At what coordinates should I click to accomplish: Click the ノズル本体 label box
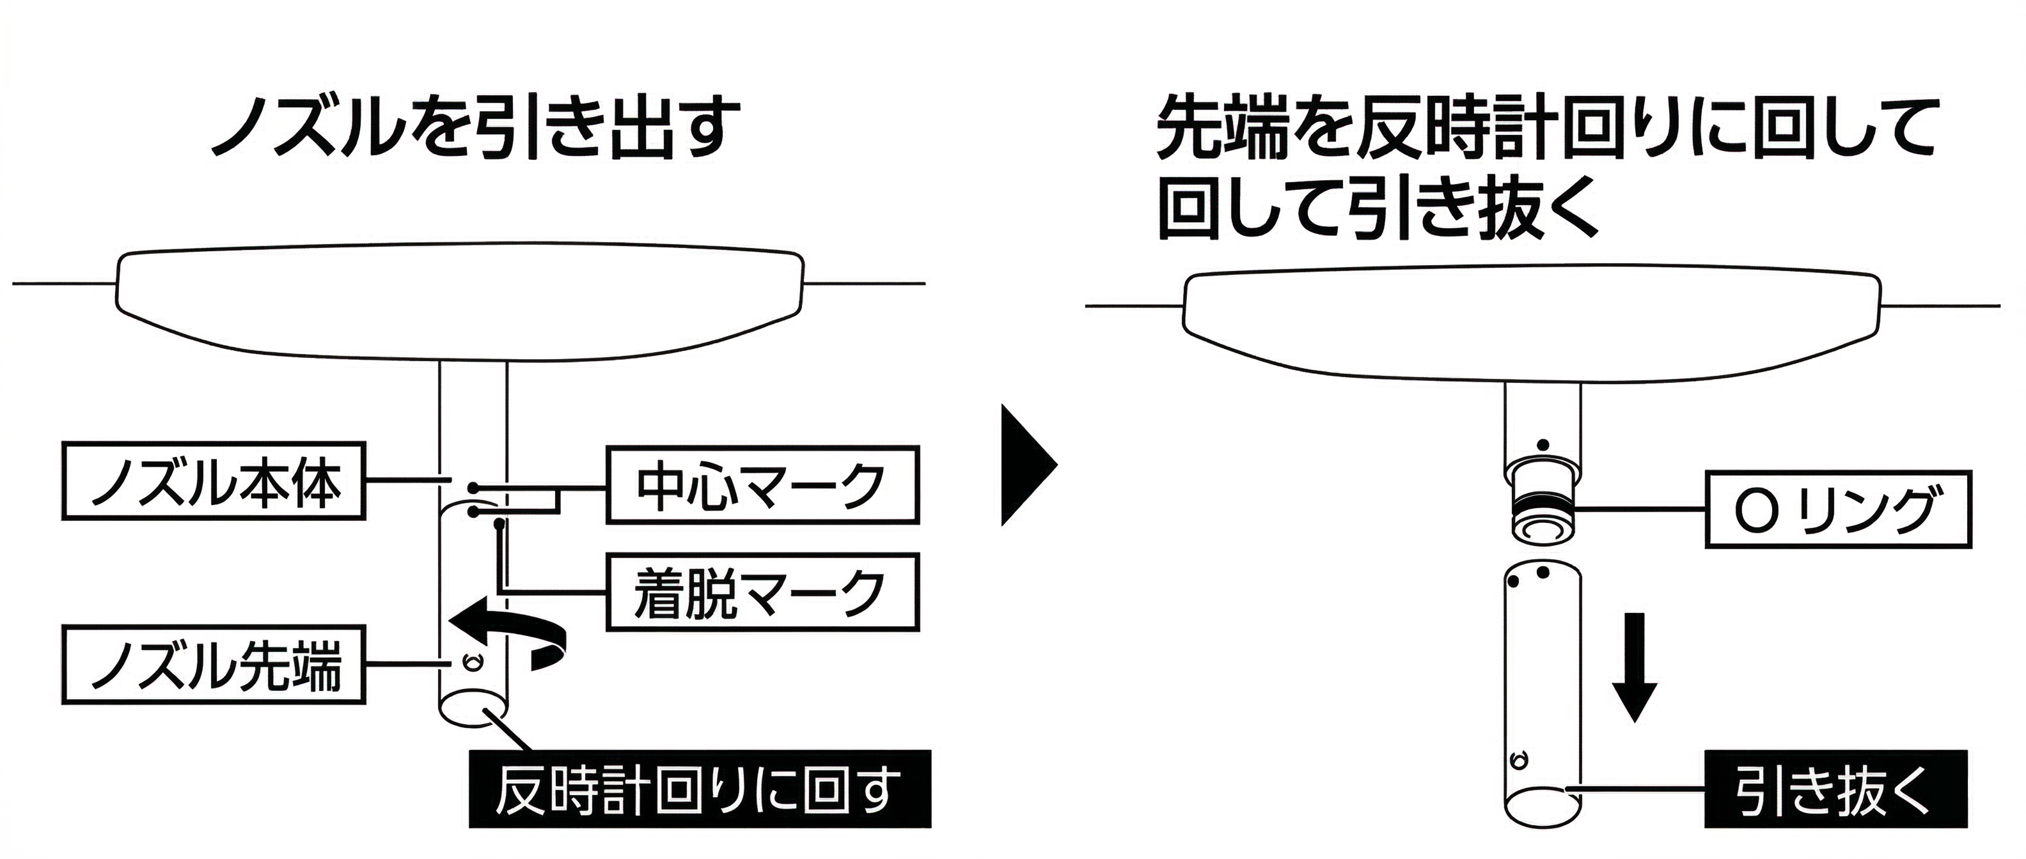[214, 481]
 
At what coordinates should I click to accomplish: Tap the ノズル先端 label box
[214, 665]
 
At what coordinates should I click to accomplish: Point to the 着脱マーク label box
[762, 592]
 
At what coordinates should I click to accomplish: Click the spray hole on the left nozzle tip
[473, 662]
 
